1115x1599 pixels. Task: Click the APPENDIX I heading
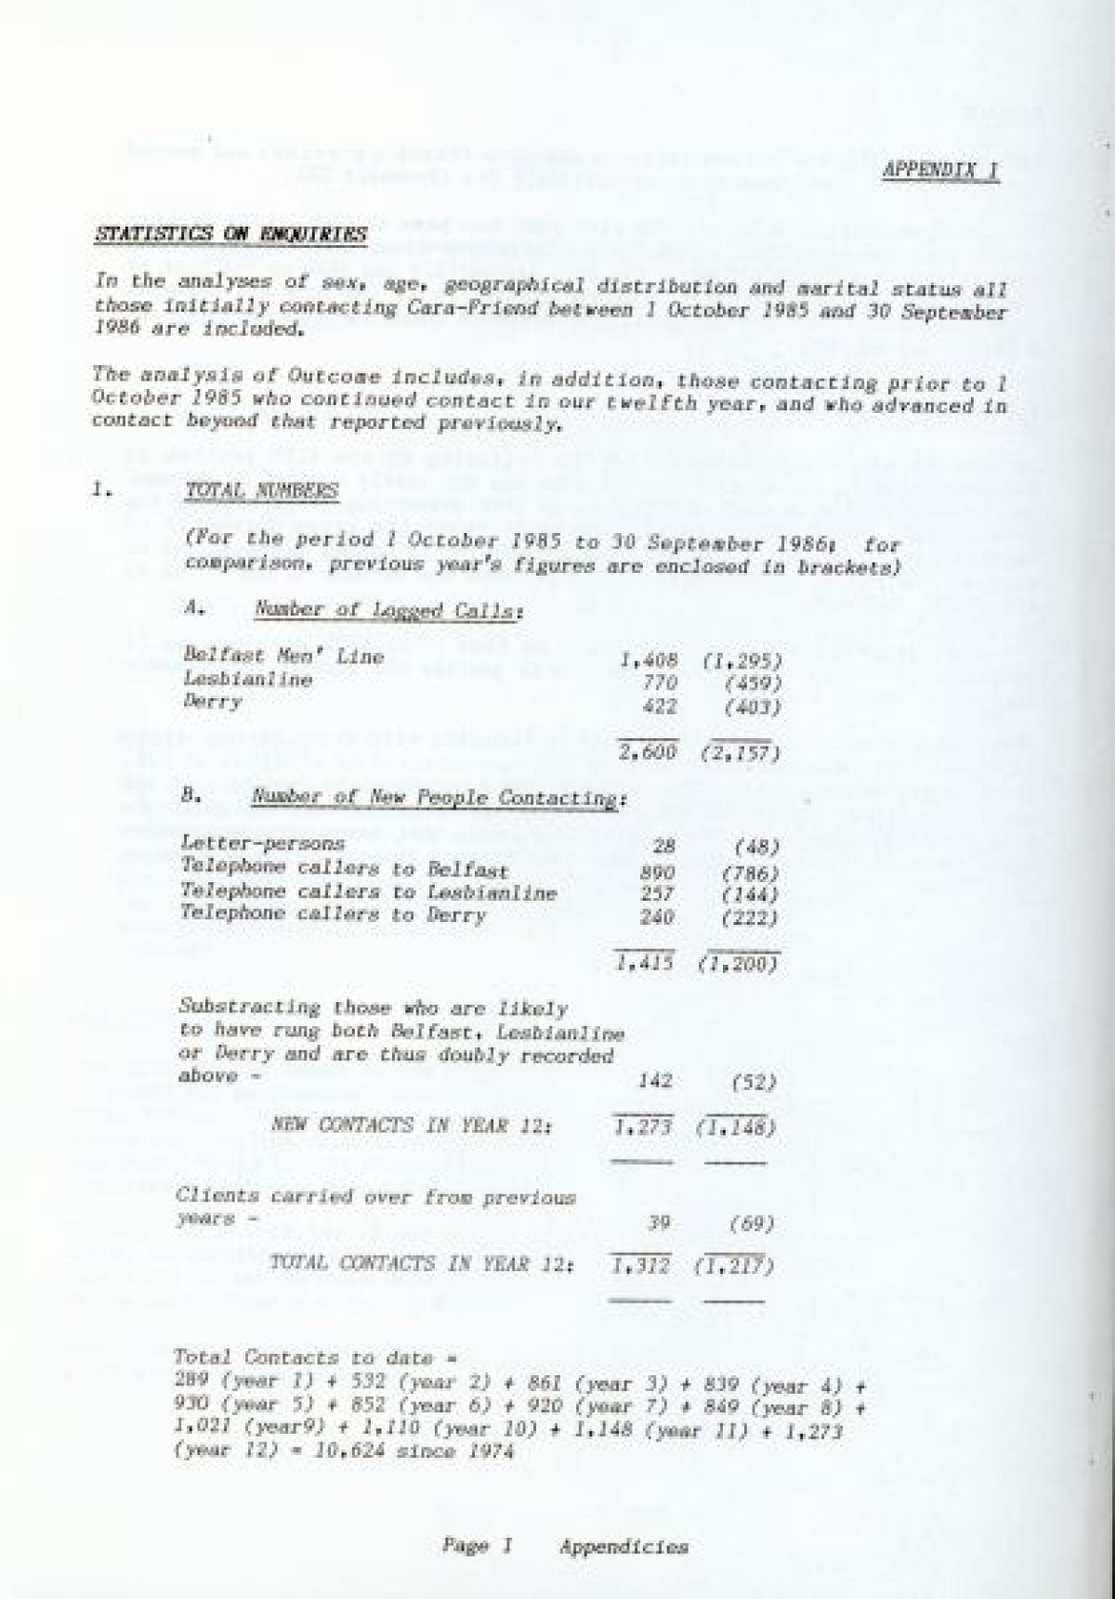[939, 173]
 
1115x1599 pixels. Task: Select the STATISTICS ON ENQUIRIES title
[231, 234]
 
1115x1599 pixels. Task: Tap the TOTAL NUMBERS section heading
[262, 491]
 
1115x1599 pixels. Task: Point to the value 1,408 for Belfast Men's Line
[649, 660]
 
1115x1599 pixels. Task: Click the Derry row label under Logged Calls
[213, 703]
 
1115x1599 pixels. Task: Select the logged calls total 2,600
[648, 752]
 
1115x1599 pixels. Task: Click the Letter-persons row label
[264, 844]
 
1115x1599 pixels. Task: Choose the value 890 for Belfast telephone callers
[657, 873]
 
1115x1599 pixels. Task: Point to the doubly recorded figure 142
[657, 1081]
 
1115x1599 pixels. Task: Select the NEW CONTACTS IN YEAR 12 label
[412, 1125]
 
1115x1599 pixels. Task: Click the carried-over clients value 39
[662, 1224]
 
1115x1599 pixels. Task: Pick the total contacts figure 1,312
[641, 1266]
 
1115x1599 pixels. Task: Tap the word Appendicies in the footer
[623, 1547]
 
